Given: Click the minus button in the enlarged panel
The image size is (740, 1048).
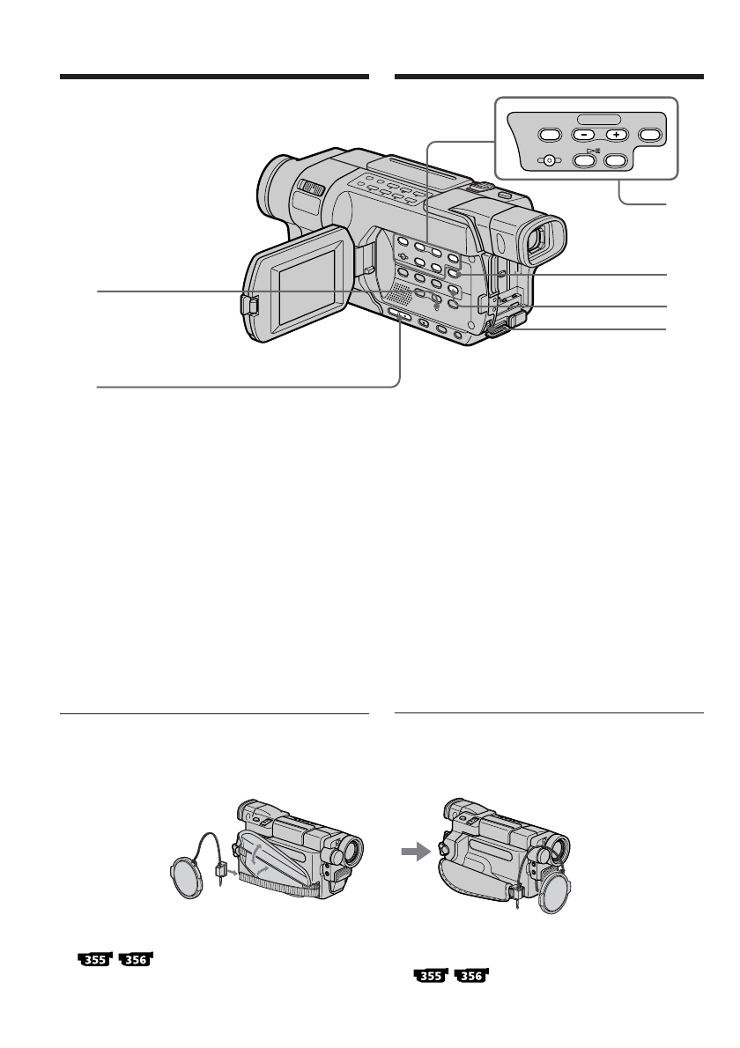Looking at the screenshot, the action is pos(583,135).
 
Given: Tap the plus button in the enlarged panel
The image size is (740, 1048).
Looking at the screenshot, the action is pos(617,135).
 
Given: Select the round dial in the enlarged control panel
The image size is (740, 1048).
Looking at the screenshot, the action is pos(550,160).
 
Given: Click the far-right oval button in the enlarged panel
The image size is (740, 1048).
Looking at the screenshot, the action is pos(650,135).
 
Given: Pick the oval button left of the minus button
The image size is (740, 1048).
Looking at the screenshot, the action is pos(549,135).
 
